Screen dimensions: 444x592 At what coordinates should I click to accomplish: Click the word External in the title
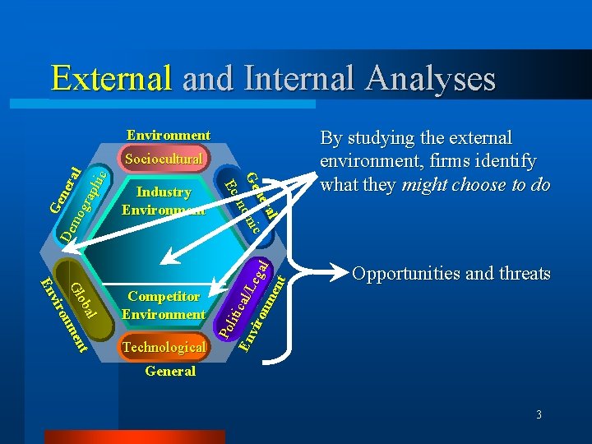(111, 78)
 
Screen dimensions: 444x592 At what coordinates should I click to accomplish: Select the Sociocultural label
(163, 158)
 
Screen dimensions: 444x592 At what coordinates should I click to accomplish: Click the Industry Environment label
(163, 201)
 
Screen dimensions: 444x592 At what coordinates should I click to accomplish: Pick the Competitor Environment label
(163, 305)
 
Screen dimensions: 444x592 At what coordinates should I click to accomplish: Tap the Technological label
(164, 347)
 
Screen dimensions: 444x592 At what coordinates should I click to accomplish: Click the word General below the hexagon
(169, 372)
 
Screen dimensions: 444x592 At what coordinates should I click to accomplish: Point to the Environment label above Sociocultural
(168, 135)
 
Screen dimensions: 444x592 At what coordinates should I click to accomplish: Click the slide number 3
(539, 415)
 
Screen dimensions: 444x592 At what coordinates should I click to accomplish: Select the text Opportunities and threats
(451, 274)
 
